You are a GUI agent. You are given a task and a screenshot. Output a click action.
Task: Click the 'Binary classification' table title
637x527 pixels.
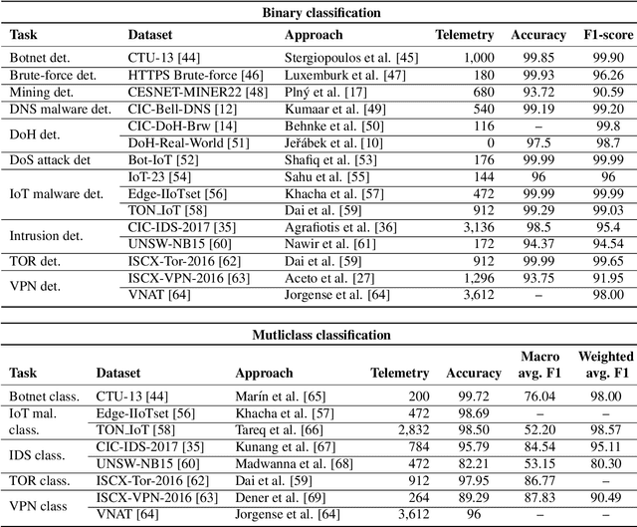[x=318, y=12]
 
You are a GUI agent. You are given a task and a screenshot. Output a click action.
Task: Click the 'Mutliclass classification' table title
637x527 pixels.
[x=318, y=335]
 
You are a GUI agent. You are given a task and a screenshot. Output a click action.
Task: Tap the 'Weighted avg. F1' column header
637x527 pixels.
[x=606, y=365]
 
